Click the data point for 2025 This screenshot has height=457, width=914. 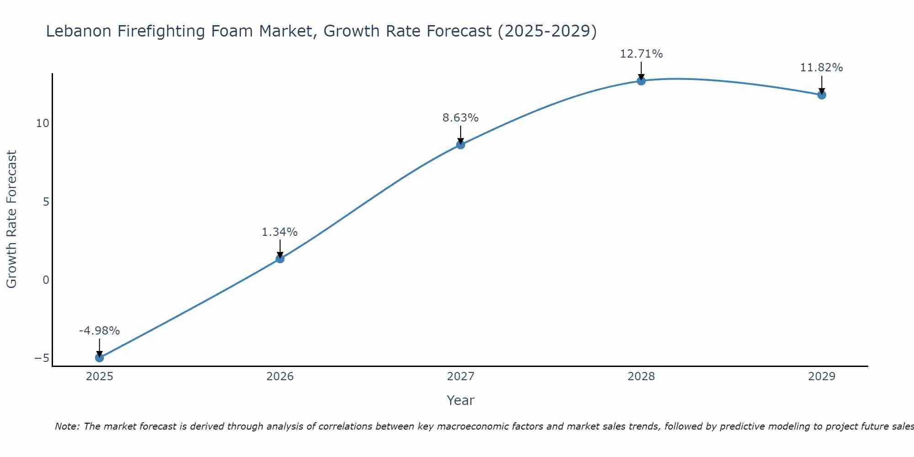click(99, 357)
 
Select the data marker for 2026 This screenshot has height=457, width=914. click(280, 259)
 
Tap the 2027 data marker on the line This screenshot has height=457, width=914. click(461, 144)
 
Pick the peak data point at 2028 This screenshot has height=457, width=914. click(641, 81)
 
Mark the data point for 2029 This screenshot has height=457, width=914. click(822, 95)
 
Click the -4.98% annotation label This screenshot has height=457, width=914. click(99, 330)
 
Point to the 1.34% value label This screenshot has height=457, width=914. click(280, 232)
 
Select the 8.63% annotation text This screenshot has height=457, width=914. click(461, 118)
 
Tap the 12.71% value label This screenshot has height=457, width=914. click(641, 54)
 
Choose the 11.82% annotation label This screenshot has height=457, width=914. click(822, 68)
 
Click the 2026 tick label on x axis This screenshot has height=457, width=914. click(280, 377)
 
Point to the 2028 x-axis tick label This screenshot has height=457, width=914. click(641, 377)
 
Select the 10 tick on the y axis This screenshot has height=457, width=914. click(43, 123)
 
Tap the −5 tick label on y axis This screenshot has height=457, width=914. click(42, 358)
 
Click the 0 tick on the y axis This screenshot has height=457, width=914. click(46, 280)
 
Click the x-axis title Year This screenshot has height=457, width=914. click(461, 400)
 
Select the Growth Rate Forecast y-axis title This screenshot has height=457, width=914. click(11, 219)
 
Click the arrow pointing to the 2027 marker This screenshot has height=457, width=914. click(461, 134)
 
